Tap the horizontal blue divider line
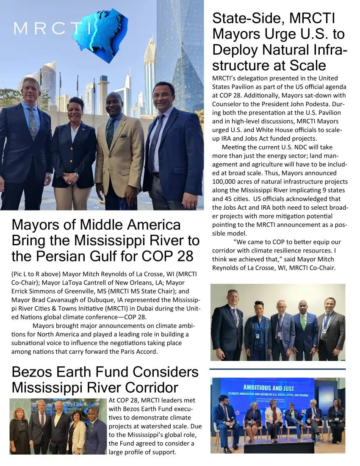[x=277, y=369]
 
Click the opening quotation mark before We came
[x=235, y=242]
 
